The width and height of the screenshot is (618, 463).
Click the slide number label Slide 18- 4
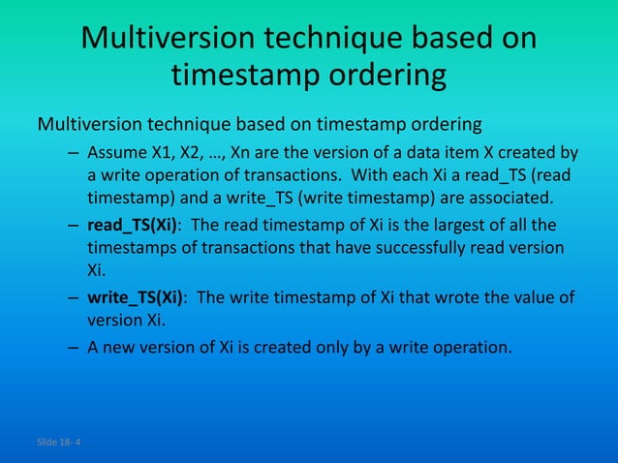(x=59, y=442)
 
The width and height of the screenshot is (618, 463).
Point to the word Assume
(x=114, y=154)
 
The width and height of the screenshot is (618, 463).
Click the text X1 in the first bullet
(x=159, y=154)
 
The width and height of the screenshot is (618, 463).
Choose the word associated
(x=510, y=200)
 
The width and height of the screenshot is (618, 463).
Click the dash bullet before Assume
(x=74, y=154)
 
